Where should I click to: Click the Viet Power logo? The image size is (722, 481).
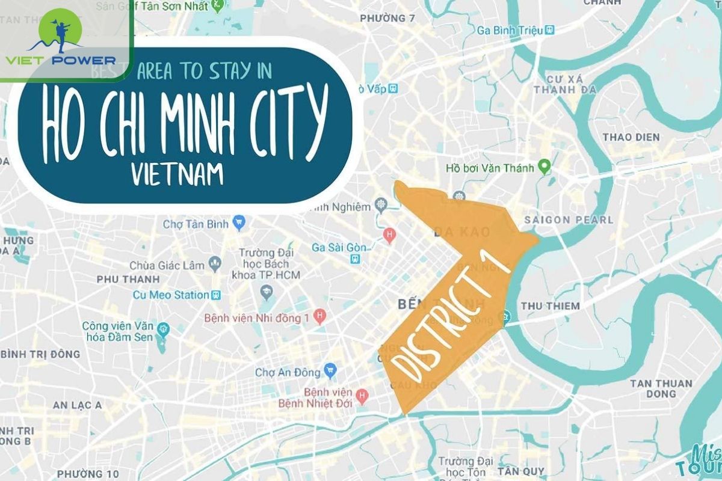[60, 38]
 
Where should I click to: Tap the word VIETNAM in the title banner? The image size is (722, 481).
[177, 174]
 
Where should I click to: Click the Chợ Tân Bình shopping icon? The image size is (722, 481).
[239, 224]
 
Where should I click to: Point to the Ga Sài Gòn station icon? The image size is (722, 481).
[356, 259]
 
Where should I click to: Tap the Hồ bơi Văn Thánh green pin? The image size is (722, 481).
[545, 167]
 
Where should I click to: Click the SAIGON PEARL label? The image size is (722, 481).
[569, 219]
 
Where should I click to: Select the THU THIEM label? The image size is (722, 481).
[550, 305]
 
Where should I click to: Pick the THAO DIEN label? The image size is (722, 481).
[631, 137]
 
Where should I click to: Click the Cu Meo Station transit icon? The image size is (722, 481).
[215, 295]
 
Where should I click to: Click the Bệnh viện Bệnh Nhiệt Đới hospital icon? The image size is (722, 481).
[362, 396]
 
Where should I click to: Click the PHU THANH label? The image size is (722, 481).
[128, 279]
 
